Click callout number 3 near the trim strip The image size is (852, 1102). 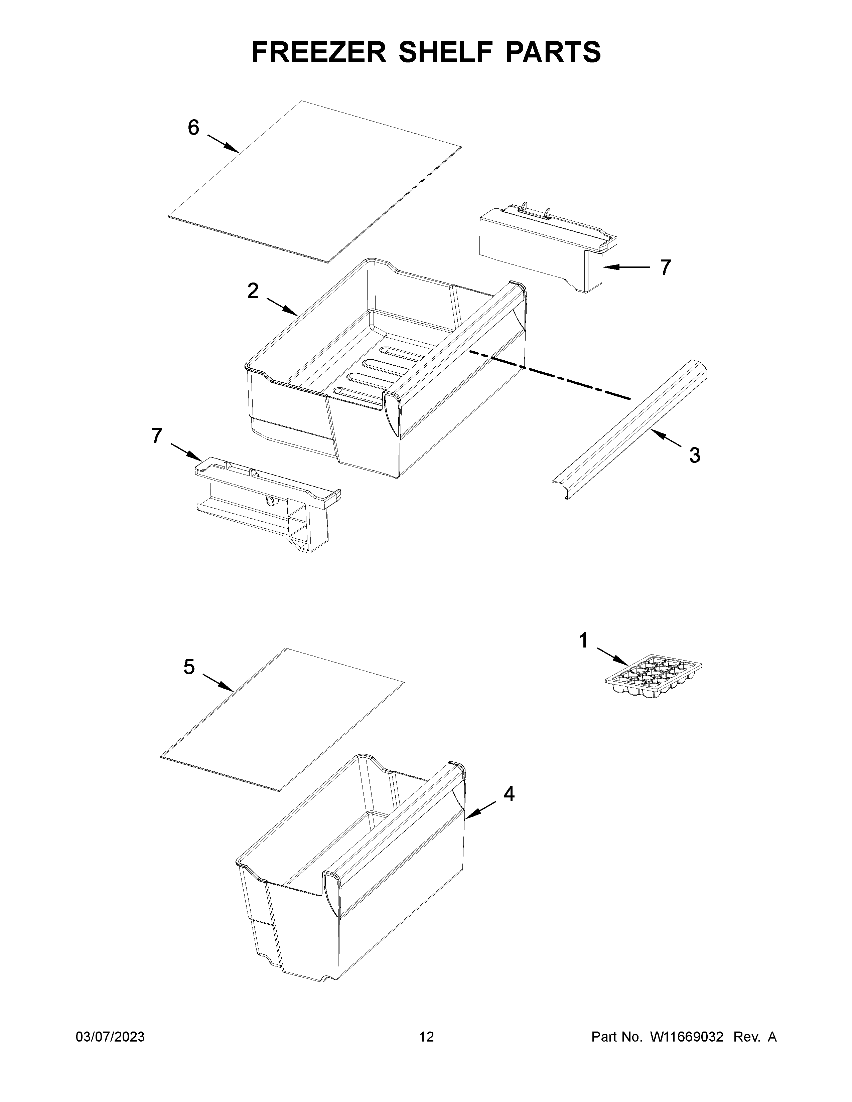pyautogui.click(x=695, y=455)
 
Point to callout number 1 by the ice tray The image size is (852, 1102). pyautogui.click(x=583, y=641)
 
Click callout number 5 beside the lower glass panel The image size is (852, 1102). pyautogui.click(x=189, y=667)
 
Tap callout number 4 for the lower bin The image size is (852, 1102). pyautogui.click(x=509, y=794)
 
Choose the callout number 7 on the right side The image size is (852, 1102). pyautogui.click(x=666, y=267)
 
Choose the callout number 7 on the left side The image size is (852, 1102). pyautogui.click(x=157, y=435)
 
